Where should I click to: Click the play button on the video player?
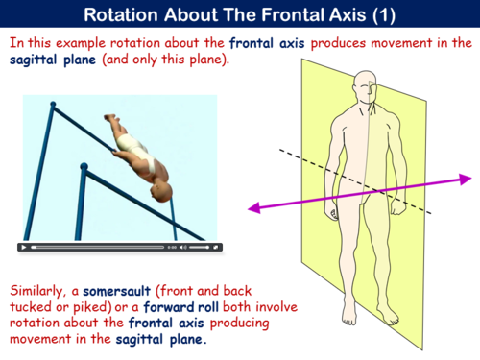(x=24, y=247)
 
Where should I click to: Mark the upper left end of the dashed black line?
(x=280, y=150)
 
